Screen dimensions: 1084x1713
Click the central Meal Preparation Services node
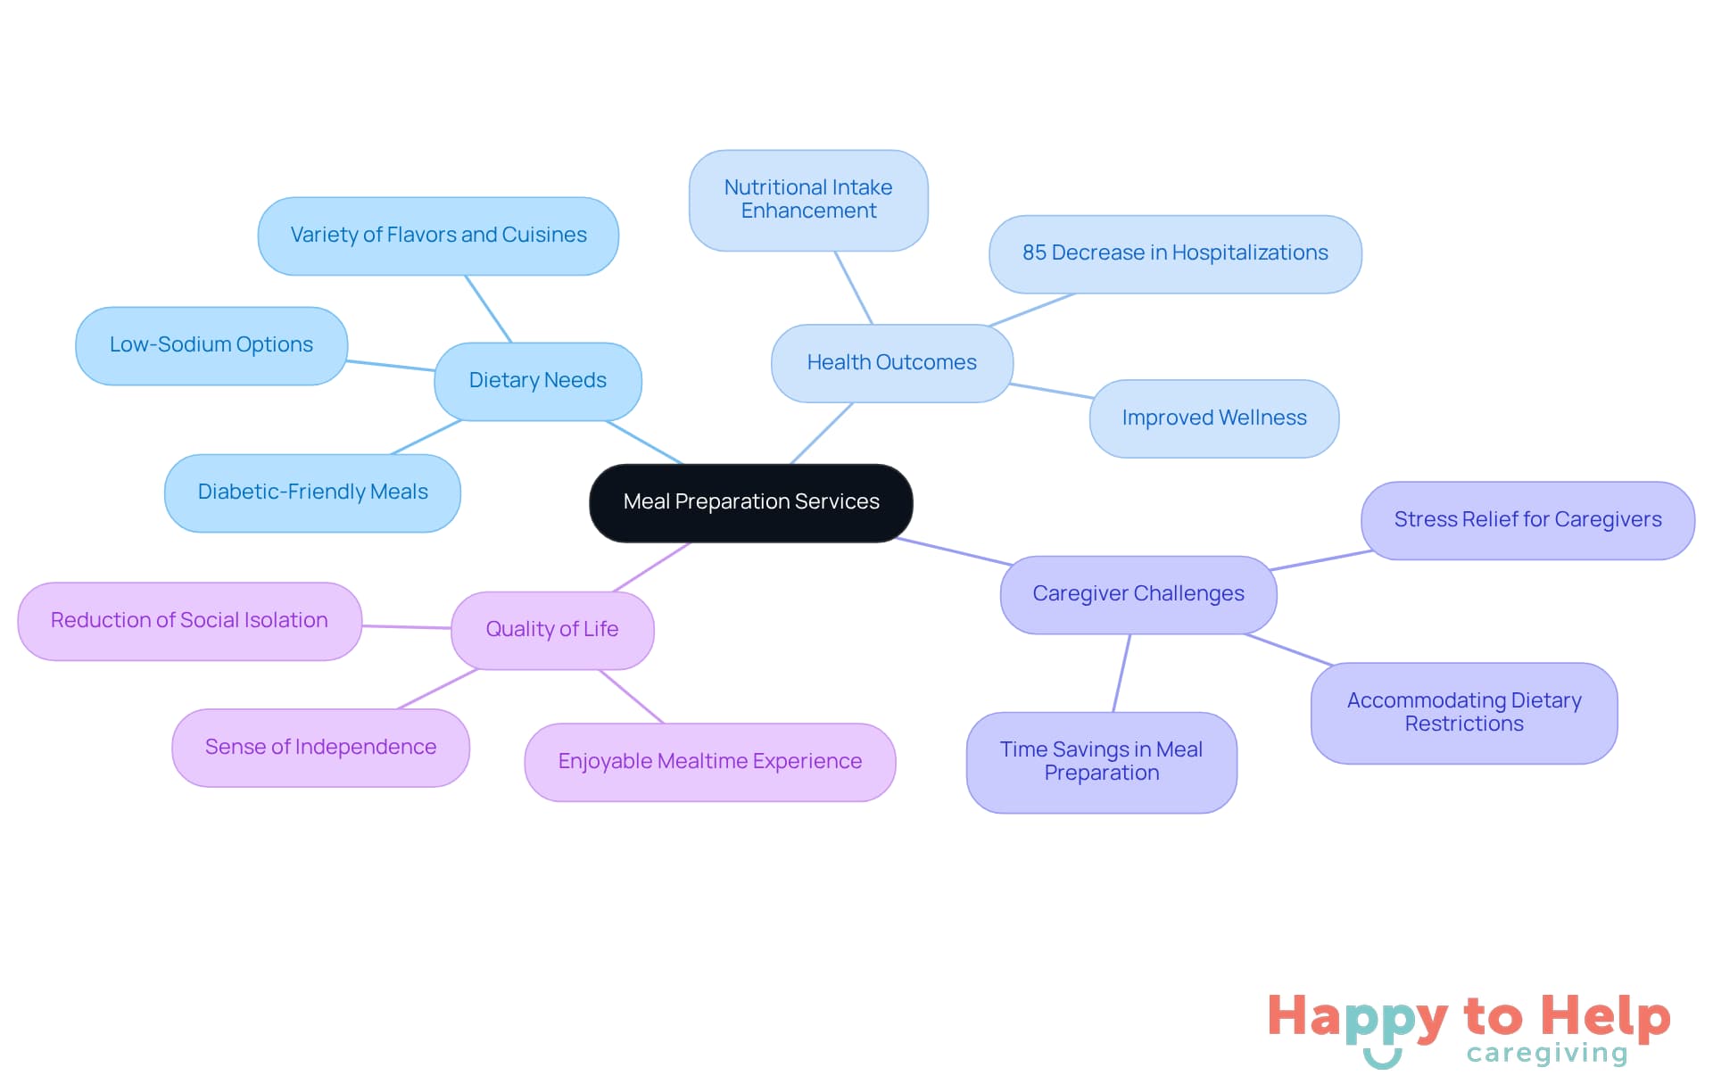[x=750, y=502]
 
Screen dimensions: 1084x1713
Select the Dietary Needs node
[x=537, y=381]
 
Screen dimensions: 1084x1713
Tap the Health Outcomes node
[x=891, y=363]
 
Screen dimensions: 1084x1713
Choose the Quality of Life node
[x=551, y=630]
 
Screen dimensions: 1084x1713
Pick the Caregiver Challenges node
[x=1138, y=594]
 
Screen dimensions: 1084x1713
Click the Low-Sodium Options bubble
[x=211, y=345]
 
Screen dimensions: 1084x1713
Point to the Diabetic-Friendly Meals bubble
[x=312, y=492]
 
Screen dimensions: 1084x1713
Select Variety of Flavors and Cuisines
[x=438, y=236]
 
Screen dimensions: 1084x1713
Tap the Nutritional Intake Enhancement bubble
[x=808, y=200]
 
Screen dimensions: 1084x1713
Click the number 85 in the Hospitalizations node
[x=1034, y=253]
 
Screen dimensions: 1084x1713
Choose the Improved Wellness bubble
[x=1213, y=418]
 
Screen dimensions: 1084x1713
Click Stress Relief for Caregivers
[x=1527, y=520]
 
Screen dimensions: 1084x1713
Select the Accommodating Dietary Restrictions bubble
[x=1463, y=713]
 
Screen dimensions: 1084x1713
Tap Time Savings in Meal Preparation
[x=1101, y=762]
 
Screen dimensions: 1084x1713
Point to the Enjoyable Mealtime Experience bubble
[x=709, y=762]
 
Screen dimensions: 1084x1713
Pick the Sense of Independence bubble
[x=320, y=748]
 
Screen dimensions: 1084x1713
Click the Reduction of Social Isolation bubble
[x=189, y=621]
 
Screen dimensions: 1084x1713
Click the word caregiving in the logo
[x=1546, y=1054]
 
